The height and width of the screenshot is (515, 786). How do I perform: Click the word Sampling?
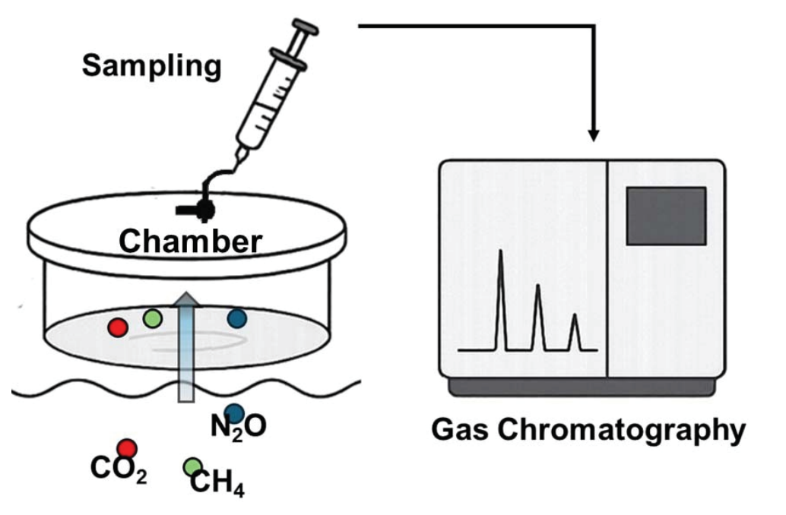click(x=152, y=66)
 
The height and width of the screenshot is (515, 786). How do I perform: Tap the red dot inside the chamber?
click(x=117, y=327)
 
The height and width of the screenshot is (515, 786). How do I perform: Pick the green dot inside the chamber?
click(x=153, y=318)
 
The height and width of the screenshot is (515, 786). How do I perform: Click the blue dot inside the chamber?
click(x=236, y=318)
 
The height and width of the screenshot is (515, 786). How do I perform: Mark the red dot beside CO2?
click(x=126, y=448)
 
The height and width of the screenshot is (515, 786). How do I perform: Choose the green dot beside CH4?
click(x=193, y=466)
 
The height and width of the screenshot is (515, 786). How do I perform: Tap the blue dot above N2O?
click(x=235, y=412)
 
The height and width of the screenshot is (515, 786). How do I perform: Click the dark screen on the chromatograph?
click(x=665, y=216)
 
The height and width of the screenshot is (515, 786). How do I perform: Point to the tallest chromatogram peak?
click(x=500, y=258)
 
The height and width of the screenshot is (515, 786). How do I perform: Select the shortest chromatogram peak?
click(x=575, y=319)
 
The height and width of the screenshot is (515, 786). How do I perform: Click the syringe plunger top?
click(x=305, y=30)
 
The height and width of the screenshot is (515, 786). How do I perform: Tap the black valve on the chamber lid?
click(x=202, y=207)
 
